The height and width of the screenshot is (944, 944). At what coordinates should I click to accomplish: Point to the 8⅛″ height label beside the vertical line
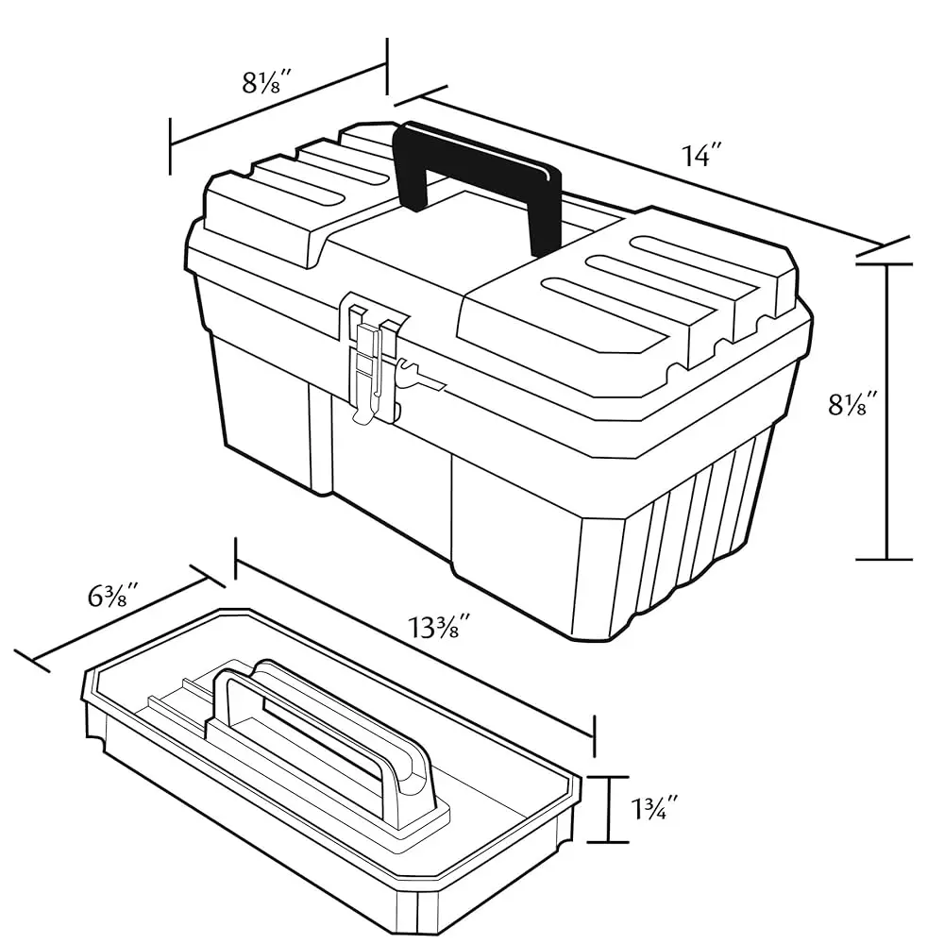click(x=853, y=405)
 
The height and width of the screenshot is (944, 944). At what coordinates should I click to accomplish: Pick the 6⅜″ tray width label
click(x=114, y=597)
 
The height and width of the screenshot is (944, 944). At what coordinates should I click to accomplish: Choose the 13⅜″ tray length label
click(x=440, y=626)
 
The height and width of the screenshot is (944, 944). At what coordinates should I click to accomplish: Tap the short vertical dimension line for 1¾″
click(x=612, y=809)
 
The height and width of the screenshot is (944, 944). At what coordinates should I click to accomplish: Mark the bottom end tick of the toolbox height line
click(x=885, y=560)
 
